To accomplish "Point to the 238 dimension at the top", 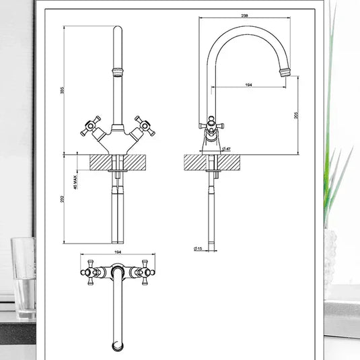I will (x=249, y=15).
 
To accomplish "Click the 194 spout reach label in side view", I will (x=249, y=84).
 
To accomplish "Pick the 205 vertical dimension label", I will (x=297, y=115).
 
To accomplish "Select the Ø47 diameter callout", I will (x=227, y=149).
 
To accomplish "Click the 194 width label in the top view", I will (x=118, y=252).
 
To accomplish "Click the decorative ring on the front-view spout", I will (x=118, y=71).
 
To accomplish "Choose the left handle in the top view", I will (x=89, y=272).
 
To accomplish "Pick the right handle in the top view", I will (x=146, y=272).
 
